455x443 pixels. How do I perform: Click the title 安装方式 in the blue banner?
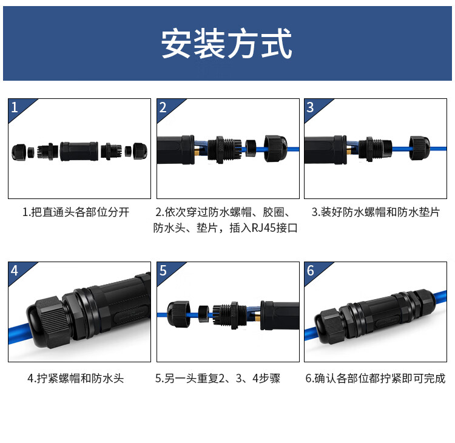pos(227,44)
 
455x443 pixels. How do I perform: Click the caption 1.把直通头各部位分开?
pos(76,212)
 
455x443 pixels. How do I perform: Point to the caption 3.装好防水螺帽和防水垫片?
pos(376,212)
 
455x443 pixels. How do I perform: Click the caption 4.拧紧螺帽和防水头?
pos(76,379)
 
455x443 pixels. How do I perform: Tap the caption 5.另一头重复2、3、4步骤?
pos(218,379)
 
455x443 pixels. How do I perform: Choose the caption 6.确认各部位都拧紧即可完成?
pos(376,379)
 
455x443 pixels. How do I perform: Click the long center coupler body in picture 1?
pos(79,151)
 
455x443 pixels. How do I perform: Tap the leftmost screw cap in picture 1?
pos(19,152)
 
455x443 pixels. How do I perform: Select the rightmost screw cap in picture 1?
pos(140,151)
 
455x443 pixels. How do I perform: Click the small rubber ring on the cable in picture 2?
pos(251,148)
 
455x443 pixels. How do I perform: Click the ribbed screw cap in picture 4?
pos(49,322)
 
